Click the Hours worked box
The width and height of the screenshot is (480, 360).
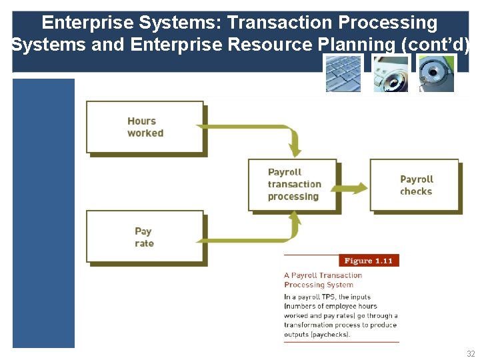pos(145,127)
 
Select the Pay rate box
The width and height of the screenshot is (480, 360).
pos(145,237)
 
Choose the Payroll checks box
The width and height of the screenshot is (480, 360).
pos(415,185)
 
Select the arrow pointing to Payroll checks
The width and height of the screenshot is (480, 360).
pos(353,188)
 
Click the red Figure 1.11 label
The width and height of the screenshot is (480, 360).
pos(368,261)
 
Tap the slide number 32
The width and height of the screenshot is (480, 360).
pos(471,354)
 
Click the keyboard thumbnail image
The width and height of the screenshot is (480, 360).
pos(343,73)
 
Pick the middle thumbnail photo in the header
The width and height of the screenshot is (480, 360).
pos(390,73)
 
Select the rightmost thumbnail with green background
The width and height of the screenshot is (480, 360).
pos(436,73)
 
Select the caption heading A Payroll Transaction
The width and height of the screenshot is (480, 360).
pos(323,275)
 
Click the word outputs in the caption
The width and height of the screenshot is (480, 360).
pos(297,335)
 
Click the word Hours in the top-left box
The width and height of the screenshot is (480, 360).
pos(141,121)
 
